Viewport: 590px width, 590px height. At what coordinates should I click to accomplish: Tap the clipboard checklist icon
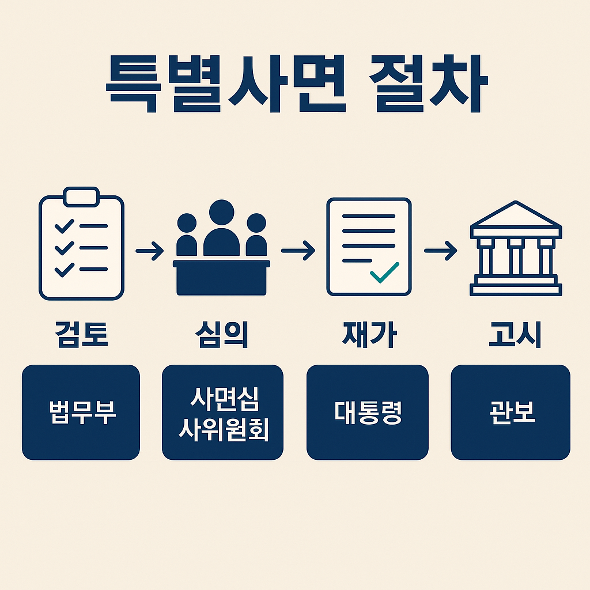point(81,244)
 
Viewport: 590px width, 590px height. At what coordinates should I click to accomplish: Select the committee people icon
point(222,248)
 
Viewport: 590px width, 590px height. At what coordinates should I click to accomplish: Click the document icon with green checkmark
point(369,247)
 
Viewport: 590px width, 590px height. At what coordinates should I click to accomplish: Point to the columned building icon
point(515,248)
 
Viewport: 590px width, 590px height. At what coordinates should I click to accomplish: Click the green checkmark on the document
point(384,272)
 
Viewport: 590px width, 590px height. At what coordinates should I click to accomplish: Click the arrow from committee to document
point(298,250)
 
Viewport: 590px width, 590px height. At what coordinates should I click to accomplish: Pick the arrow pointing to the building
point(440,250)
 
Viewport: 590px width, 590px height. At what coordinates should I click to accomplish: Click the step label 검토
point(81,335)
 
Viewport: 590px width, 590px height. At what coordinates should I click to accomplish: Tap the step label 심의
point(222,335)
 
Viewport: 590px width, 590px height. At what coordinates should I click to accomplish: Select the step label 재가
point(368,335)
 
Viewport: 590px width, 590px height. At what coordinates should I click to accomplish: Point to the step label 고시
point(515,335)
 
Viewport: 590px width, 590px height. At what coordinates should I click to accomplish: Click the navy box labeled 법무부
point(81,413)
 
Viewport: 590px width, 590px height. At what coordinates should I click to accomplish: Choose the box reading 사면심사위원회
point(222,413)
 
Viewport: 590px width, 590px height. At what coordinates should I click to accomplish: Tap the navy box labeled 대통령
point(368,413)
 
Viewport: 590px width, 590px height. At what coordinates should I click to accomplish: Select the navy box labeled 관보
point(510,413)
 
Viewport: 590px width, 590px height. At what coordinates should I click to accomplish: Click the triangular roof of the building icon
point(515,215)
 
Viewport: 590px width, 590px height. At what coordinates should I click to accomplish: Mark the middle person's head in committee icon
point(222,214)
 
